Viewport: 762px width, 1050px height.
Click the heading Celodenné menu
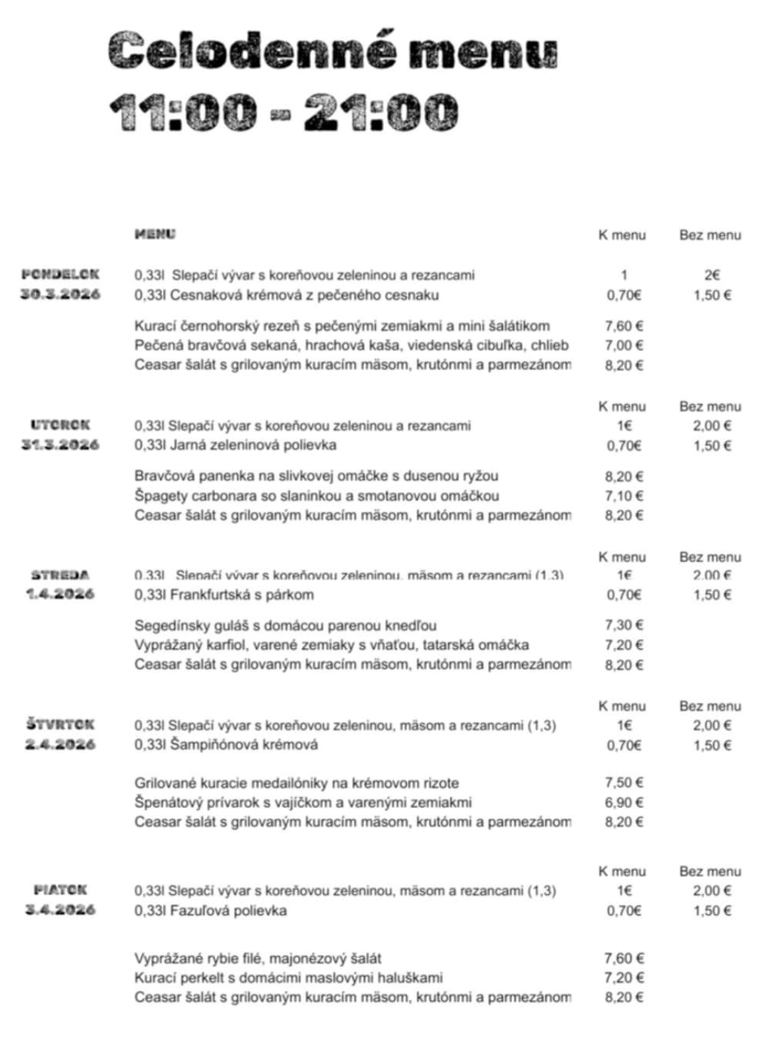click(333, 52)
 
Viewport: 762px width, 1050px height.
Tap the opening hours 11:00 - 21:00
click(284, 112)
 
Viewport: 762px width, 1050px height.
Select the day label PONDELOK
click(60, 274)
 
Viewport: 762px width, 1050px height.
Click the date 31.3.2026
click(60, 445)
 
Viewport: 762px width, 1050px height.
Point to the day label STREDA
click(60, 575)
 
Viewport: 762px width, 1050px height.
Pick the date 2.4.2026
click(60, 745)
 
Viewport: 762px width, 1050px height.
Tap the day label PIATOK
click(60, 891)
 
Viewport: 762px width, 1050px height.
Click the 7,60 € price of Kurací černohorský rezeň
click(624, 326)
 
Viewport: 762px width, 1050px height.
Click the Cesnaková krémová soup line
click(287, 295)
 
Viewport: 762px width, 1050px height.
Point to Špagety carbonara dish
click(317, 496)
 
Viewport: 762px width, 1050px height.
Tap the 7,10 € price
click(624, 496)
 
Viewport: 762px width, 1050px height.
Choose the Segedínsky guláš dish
click(285, 626)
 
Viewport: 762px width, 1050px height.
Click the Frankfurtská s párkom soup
click(224, 595)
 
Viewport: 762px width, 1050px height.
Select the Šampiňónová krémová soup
click(226, 745)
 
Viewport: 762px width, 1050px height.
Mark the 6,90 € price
click(624, 803)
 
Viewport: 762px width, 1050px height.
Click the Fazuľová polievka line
click(210, 911)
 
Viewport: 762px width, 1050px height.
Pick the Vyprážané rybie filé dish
click(258, 959)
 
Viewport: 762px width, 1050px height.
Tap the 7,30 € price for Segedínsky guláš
click(624, 626)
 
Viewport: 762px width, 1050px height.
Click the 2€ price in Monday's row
click(712, 275)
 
